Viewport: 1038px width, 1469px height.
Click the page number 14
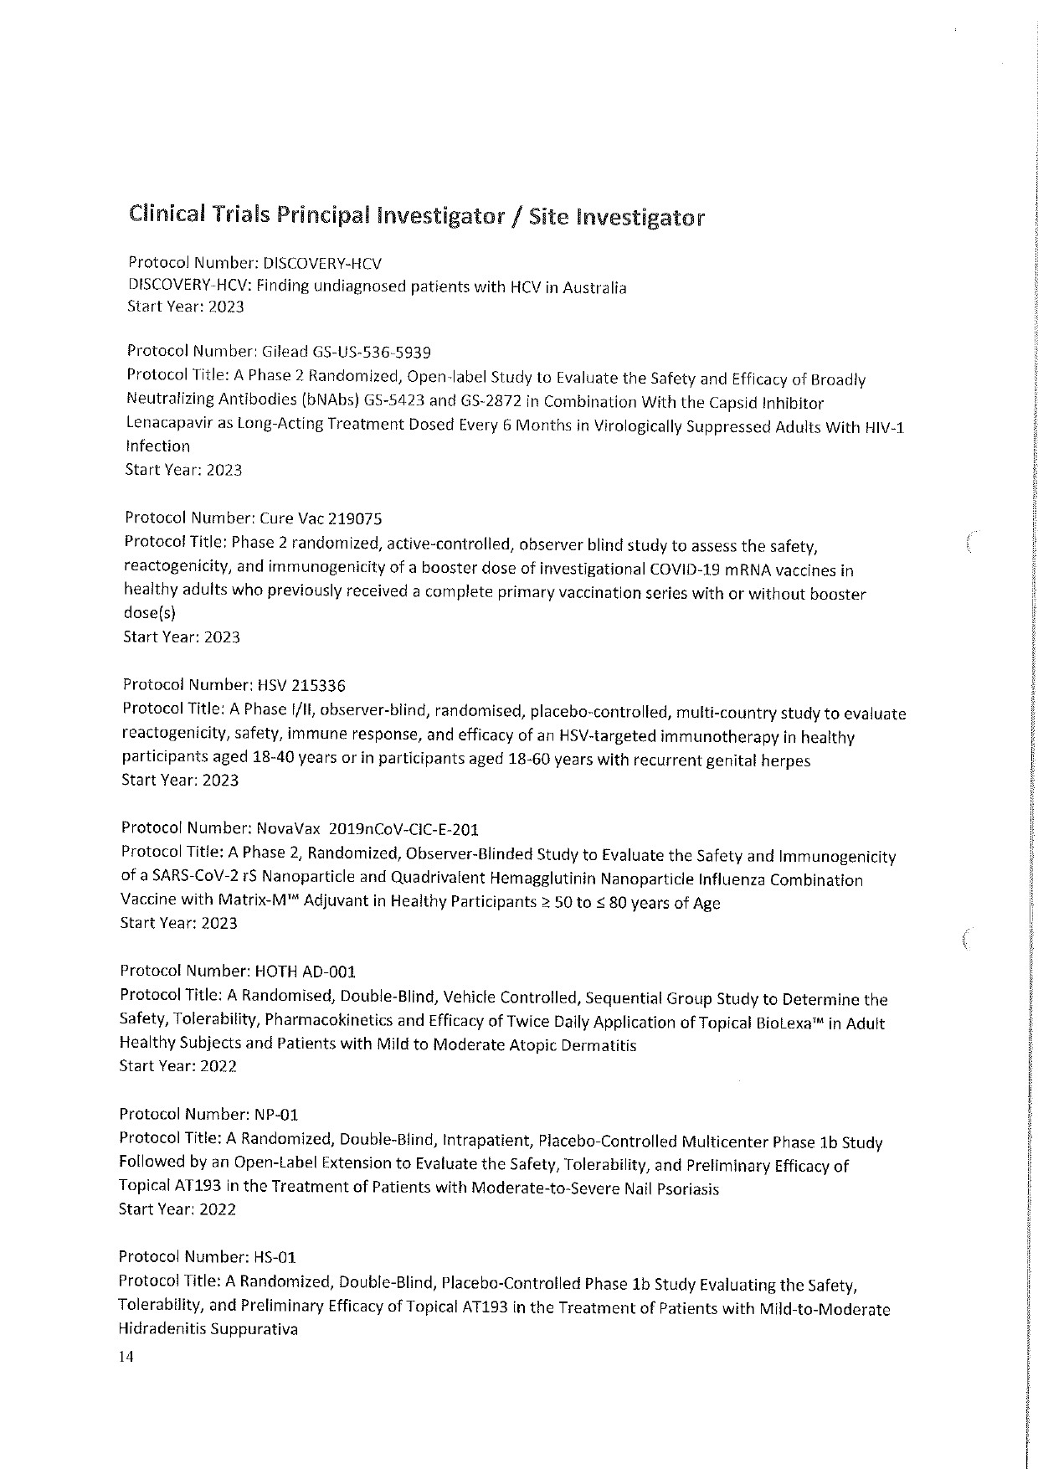tap(126, 1357)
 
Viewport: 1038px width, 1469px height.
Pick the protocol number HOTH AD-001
tap(304, 972)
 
